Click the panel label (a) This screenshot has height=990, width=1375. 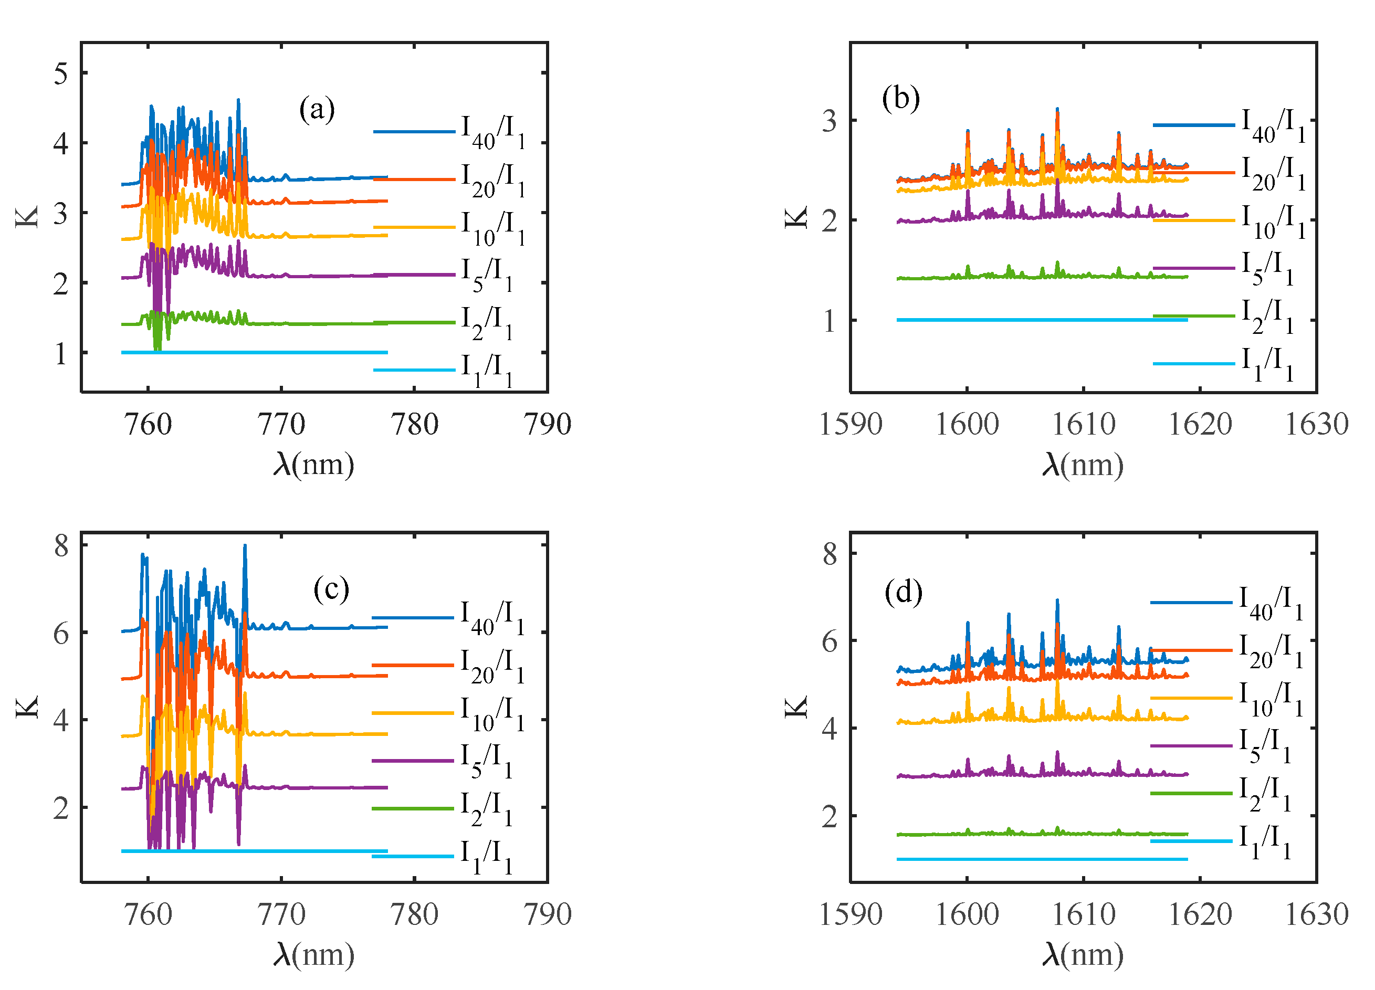pyautogui.click(x=317, y=110)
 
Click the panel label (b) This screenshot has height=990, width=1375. pyautogui.click(x=901, y=98)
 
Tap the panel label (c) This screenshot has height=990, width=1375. pyautogui.click(x=331, y=588)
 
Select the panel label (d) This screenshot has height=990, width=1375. pyautogui.click(x=904, y=592)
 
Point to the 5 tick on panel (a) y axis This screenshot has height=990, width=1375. pyautogui.click(x=60, y=74)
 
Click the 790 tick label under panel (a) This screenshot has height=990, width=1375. pyautogui.click(x=547, y=424)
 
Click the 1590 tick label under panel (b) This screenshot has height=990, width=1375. pyautogui.click(x=850, y=424)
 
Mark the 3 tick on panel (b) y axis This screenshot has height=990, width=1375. pyautogui.click(x=829, y=121)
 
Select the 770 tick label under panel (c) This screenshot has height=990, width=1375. pyautogui.click(x=281, y=914)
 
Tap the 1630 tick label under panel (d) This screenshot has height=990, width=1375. pyautogui.click(x=1316, y=914)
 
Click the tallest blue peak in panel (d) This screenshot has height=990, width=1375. pyautogui.click(x=1057, y=602)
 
